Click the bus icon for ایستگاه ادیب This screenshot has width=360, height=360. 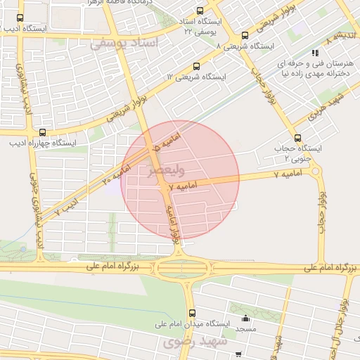[x=20, y=18]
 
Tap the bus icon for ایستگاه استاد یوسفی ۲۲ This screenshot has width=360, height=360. [x=200, y=11]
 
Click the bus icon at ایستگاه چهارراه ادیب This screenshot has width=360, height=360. [x=43, y=132]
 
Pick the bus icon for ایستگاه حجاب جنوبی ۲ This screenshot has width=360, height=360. [x=297, y=138]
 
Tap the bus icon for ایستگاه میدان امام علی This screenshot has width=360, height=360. [x=191, y=313]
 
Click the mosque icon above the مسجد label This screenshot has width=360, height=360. [x=245, y=316]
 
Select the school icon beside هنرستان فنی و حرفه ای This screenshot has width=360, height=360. [x=315, y=52]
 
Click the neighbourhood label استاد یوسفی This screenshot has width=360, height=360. [x=124, y=44]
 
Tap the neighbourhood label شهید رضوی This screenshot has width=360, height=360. [x=192, y=342]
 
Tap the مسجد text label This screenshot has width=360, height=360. [x=245, y=329]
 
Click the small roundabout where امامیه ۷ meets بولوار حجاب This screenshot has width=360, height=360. [x=315, y=171]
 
